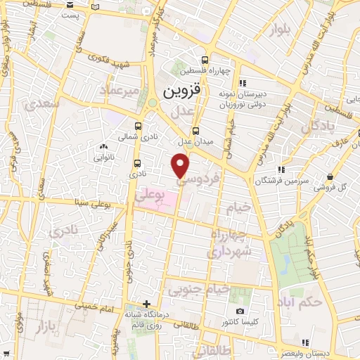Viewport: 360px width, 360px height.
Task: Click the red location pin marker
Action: point(181,165)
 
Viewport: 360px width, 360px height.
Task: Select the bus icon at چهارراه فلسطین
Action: point(204,60)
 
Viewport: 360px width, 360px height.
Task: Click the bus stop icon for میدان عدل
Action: point(195,130)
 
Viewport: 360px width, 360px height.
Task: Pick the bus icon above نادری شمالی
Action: point(137,127)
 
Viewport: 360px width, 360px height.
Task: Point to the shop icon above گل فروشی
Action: point(330,176)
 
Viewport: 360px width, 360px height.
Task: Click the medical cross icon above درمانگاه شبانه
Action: point(146,304)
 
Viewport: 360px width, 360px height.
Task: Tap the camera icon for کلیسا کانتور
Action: point(240,311)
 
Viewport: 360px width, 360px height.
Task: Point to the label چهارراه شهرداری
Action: point(238,240)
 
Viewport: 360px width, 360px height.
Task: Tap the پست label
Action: point(70,14)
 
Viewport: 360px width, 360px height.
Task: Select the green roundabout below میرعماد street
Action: point(152,104)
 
